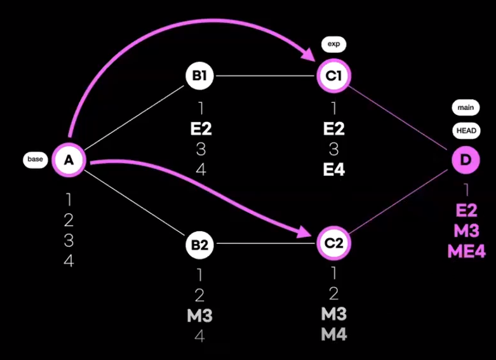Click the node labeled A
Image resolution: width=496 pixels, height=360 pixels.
(x=69, y=159)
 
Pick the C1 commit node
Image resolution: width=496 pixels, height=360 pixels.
(x=333, y=76)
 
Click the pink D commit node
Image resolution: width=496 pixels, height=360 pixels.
(x=466, y=159)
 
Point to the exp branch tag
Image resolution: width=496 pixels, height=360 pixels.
(x=333, y=44)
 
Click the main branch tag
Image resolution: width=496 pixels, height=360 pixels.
(x=466, y=108)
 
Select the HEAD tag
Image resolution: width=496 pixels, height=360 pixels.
(x=466, y=131)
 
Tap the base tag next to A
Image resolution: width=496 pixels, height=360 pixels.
(x=35, y=159)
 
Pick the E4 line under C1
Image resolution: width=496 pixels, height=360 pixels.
(x=333, y=170)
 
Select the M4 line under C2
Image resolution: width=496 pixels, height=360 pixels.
(x=333, y=334)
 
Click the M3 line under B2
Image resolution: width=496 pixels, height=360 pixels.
(x=199, y=316)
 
